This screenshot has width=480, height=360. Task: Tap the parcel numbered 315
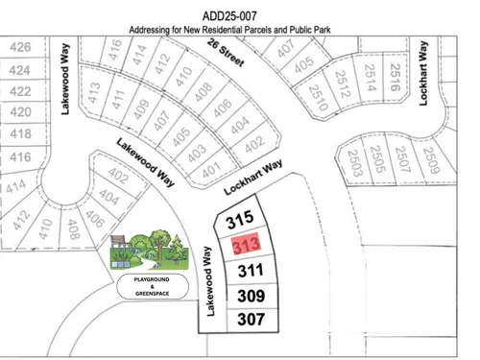tap(239, 221)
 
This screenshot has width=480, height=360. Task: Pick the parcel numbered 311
tap(250, 270)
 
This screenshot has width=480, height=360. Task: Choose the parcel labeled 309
tap(251, 295)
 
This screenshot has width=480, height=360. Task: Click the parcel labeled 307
tap(251, 318)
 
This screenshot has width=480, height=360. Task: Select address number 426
tap(20, 47)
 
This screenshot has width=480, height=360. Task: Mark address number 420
tap(20, 111)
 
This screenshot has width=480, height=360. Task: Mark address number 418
tap(20, 133)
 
